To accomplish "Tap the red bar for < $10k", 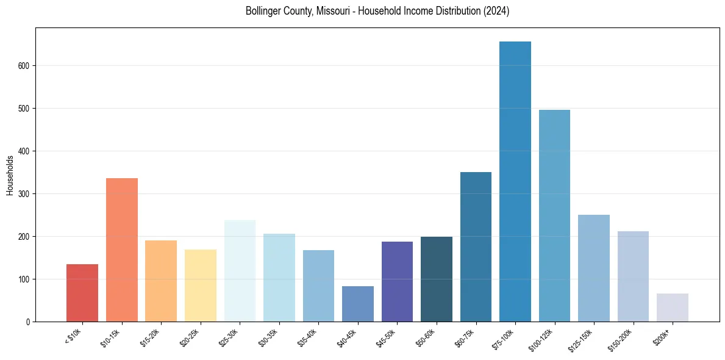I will pyautogui.click(x=82, y=293).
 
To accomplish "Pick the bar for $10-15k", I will pyautogui.click(x=122, y=250).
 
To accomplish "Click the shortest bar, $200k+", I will pyautogui.click(x=673, y=308).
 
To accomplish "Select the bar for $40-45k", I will pyautogui.click(x=358, y=304).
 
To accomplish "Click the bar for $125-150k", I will pyautogui.click(x=594, y=268).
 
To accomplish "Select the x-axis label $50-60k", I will pyautogui.click(x=426, y=337).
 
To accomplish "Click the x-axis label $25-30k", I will pyautogui.click(x=229, y=337).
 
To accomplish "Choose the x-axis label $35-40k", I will pyautogui.click(x=308, y=337).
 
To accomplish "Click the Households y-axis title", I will pyautogui.click(x=10, y=175).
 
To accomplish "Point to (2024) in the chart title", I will pyautogui.click(x=497, y=11).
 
